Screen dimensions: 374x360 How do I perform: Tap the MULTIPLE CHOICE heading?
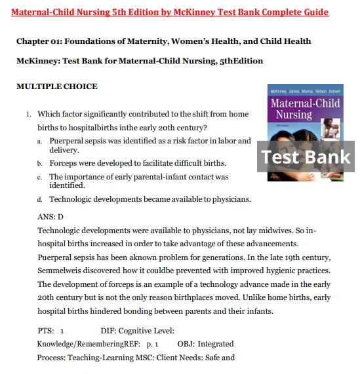pos(56,86)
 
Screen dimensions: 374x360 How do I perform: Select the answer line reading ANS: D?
pos(50,216)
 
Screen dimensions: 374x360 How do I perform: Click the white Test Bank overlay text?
pos(306,157)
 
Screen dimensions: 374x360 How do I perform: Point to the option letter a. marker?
pos(40,141)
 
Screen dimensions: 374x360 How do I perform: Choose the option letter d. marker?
pos(40,200)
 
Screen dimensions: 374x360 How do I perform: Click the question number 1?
pos(29,115)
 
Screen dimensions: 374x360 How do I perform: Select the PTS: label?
pos(46,331)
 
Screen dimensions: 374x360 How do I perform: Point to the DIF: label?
pos(109,331)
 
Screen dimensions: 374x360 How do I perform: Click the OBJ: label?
pos(186,344)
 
